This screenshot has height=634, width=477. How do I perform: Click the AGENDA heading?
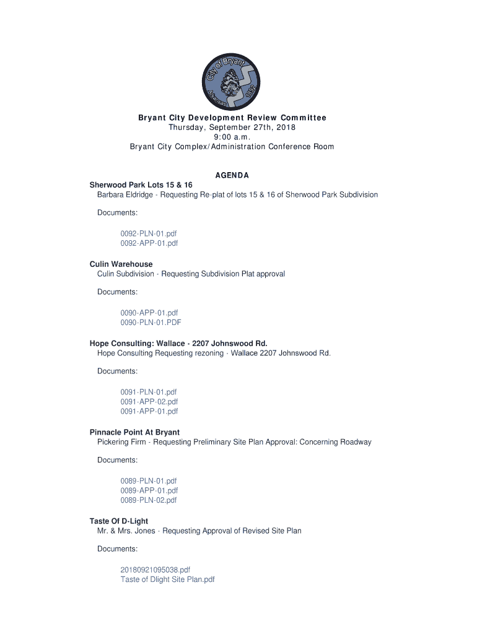(x=232, y=176)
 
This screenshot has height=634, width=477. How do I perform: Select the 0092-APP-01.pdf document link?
(x=149, y=243)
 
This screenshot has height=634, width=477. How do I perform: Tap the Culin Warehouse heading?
(x=121, y=264)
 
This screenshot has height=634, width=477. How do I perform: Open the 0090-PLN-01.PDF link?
(x=151, y=323)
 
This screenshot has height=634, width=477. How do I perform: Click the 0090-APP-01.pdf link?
(x=149, y=313)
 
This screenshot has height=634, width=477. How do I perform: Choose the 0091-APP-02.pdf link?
(x=149, y=402)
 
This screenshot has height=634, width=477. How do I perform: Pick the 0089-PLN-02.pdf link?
(x=149, y=500)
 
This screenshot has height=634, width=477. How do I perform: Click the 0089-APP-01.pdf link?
(x=149, y=490)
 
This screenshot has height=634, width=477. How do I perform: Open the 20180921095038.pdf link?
(x=155, y=570)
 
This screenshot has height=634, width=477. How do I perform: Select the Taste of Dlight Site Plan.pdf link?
(x=167, y=580)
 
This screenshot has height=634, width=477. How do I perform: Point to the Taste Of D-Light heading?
(x=119, y=521)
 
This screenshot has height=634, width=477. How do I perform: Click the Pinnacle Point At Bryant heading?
(x=134, y=432)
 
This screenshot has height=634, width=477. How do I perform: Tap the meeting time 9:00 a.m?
(x=232, y=137)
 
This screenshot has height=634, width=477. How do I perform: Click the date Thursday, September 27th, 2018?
(x=232, y=128)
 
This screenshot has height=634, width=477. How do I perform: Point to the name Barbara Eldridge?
(x=125, y=194)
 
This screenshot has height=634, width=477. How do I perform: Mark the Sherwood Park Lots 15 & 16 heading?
(x=141, y=185)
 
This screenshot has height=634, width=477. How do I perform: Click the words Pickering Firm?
(x=121, y=442)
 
